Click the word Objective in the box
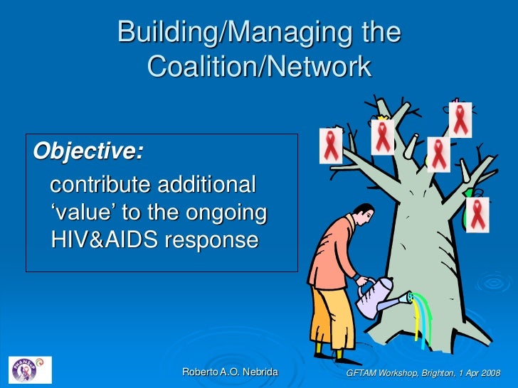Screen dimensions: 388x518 tap(88, 151)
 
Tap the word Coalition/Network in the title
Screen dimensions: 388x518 tap(259, 67)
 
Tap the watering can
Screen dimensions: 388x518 tap(379, 296)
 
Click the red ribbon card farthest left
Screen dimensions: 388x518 tap(331, 146)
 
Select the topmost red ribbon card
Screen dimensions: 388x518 tap(460, 119)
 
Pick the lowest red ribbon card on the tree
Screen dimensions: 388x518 tap(477, 214)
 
